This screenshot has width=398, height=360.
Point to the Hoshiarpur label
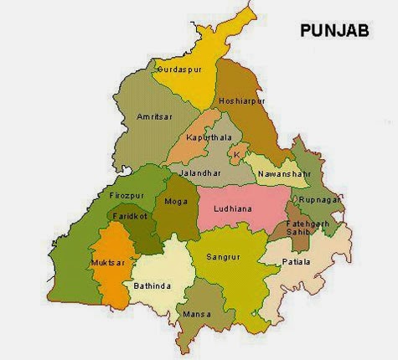coord(241,101)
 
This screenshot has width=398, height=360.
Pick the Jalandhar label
coord(200,172)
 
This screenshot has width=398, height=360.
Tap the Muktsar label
coord(106,263)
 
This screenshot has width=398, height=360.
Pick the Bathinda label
coord(152,286)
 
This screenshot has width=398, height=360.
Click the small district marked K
coord(237,155)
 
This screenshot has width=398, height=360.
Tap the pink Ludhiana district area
coord(251,219)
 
